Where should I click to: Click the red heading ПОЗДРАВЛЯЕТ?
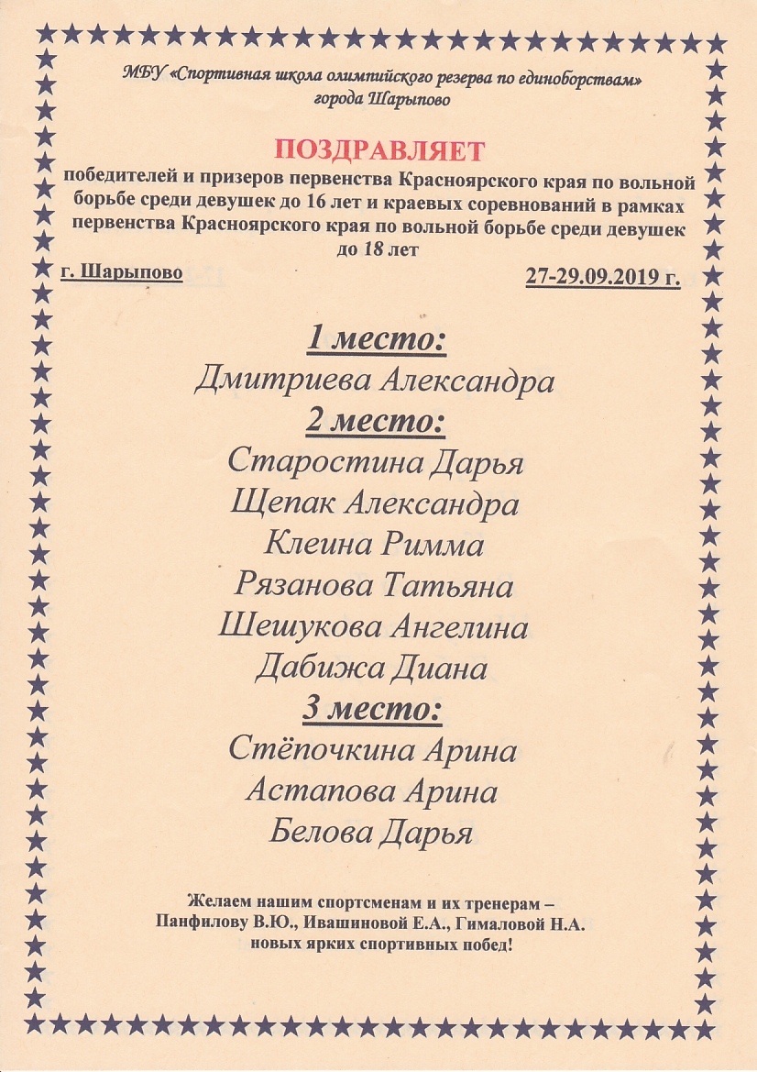379,150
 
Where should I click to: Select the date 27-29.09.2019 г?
603,278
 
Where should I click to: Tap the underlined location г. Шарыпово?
121,272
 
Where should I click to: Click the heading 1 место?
376,340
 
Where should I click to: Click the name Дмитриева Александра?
375,381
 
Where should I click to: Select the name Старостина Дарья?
375,461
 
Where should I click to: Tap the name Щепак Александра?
375,503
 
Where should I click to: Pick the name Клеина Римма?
374,545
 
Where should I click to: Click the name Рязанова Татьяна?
374,585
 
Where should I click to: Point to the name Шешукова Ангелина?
374,627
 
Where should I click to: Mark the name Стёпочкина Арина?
372,751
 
